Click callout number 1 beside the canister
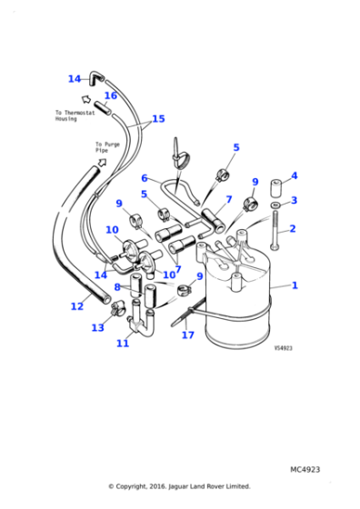point(294,284)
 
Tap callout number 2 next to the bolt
point(292,229)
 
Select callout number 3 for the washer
point(294,201)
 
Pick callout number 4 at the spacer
point(294,175)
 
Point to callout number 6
point(145,178)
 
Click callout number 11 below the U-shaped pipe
point(123,343)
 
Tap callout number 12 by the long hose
point(77,306)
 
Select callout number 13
point(97,327)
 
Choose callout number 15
point(158,119)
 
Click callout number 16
point(110,95)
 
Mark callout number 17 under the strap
point(188,335)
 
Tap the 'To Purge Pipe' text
point(107,147)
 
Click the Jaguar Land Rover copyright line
point(179,486)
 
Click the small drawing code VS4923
point(284,346)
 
